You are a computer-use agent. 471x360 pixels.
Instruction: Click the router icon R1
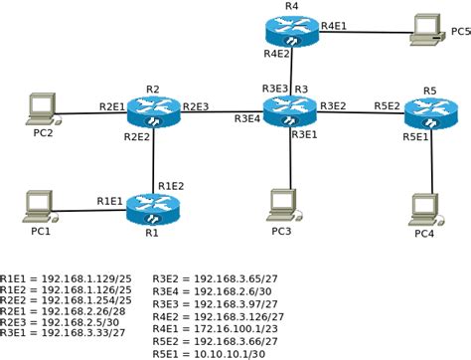tap(156, 210)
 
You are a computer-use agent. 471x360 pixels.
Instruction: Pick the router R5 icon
tap(429, 112)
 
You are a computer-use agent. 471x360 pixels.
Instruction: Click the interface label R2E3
tap(195, 105)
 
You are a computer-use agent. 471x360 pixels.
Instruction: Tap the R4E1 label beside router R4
tap(333, 24)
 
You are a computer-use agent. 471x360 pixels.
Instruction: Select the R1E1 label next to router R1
tap(110, 201)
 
